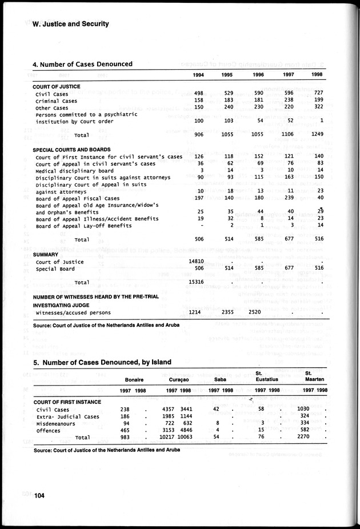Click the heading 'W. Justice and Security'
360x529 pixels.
point(71,24)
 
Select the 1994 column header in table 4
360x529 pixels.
point(198,75)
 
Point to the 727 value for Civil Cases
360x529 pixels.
point(318,93)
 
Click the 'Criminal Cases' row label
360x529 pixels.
point(56,101)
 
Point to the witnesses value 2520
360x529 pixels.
point(258,312)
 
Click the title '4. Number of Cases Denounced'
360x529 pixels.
point(83,64)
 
